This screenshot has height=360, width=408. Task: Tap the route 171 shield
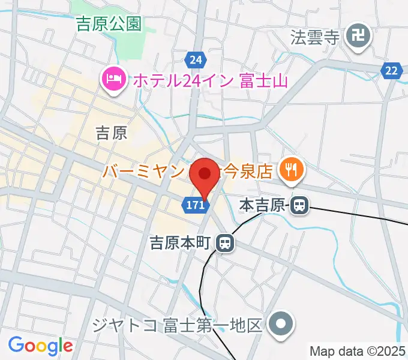[x=195, y=206]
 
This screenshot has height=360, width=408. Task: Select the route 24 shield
[x=194, y=60]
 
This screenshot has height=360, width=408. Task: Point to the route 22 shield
[x=391, y=71]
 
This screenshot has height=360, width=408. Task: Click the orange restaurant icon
[x=291, y=170]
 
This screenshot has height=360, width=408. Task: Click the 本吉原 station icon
[x=299, y=206]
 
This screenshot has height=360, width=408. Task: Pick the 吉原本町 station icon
[x=225, y=243]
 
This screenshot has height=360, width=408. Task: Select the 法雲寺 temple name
[x=316, y=38]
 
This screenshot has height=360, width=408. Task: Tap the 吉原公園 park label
[x=108, y=24]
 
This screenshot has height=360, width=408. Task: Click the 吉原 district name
[x=112, y=133]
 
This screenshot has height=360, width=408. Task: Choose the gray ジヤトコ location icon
[x=280, y=325]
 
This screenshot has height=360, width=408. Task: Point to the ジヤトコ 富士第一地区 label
[x=178, y=326]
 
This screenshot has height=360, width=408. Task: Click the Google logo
[x=40, y=346]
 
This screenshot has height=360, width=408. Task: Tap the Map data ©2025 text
[x=358, y=350]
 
